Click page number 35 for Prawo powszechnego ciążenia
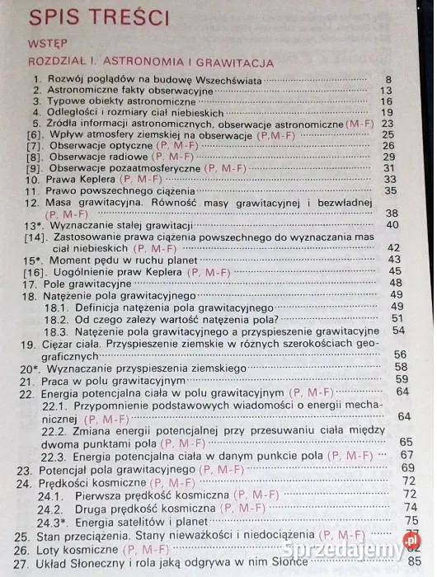(391, 190)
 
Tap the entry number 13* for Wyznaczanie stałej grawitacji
(33, 225)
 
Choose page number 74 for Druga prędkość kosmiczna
(410, 508)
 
